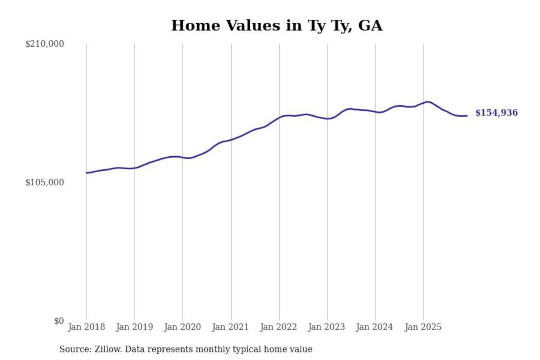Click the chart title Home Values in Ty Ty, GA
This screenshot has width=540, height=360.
pos(277,25)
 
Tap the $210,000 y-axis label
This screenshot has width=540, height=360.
pos(45,44)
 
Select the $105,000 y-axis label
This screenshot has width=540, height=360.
pos(45,183)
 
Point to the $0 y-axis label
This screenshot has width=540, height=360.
pos(59,321)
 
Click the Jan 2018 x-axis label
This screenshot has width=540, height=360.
pos(86,327)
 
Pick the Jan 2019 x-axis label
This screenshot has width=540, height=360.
pos(134,327)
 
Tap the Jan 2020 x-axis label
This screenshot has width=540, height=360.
pos(182,327)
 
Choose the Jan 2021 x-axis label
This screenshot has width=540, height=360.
pos(230,327)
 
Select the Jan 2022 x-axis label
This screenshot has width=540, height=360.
pos(278,327)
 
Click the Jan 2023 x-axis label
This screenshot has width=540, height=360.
pos(326,327)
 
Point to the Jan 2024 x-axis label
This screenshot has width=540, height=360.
pos(374,327)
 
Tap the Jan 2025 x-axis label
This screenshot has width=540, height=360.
pos(423,327)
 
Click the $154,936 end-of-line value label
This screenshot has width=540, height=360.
pos(496,113)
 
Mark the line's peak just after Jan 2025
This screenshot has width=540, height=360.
pos(427,102)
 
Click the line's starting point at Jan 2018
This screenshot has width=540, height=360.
pos(87,173)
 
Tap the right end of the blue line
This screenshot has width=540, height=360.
pos(466,116)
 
